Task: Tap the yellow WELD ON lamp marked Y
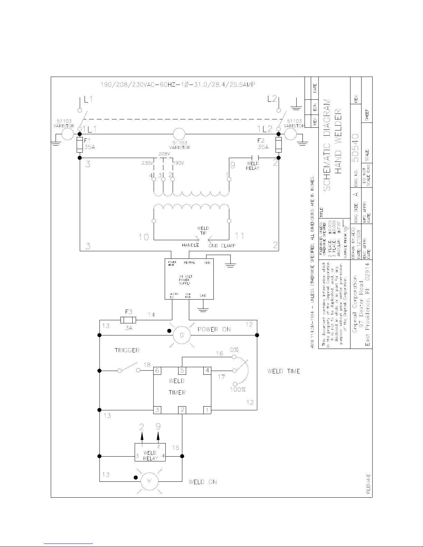[149, 482]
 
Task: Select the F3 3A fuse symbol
[128, 320]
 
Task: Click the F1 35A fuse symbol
[79, 145]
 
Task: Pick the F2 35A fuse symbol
[278, 145]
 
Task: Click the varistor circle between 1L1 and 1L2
[179, 134]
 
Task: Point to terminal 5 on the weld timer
[182, 371]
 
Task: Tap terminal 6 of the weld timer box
[157, 371]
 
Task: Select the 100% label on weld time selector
[238, 390]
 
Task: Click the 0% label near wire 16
[234, 350]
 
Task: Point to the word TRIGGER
[127, 350]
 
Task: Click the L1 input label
[88, 100]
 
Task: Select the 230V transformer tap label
[148, 163]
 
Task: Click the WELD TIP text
[203, 231]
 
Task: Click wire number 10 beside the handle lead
[144, 237]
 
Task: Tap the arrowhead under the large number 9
[158, 436]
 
